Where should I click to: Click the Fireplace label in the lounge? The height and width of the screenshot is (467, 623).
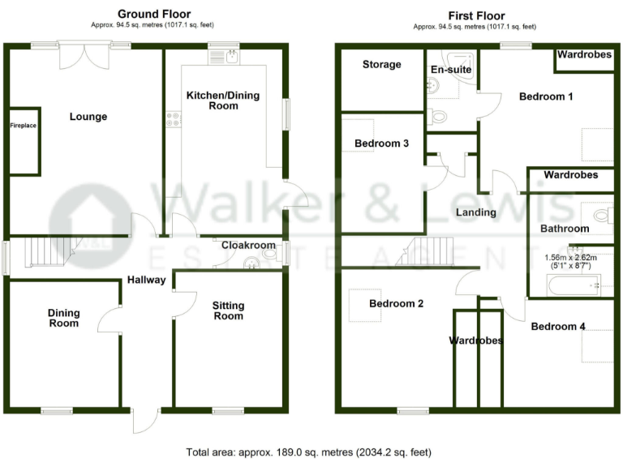click(23, 126)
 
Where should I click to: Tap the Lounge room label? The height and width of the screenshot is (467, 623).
click(88, 117)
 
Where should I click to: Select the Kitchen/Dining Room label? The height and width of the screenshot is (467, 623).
click(223, 101)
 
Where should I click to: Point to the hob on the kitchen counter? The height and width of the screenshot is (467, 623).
click(173, 119)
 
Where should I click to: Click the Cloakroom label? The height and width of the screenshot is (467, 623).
click(250, 245)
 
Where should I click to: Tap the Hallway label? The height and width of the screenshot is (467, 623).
click(146, 281)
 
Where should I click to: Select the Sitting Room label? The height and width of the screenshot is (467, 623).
click(228, 311)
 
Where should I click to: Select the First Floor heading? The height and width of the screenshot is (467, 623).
click(476, 15)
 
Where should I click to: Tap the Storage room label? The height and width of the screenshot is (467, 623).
click(381, 64)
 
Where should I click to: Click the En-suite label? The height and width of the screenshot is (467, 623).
click(450, 70)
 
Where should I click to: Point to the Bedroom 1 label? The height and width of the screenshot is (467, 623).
click(546, 96)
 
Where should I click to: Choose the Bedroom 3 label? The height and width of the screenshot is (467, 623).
click(381, 144)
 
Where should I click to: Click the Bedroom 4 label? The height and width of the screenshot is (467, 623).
click(558, 326)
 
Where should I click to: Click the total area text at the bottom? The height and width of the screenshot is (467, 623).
click(309, 452)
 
